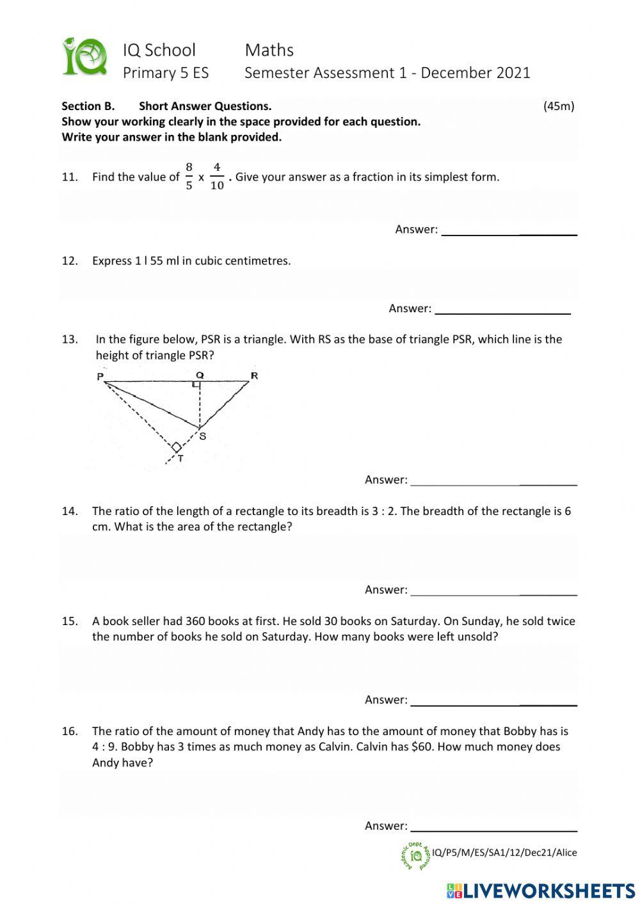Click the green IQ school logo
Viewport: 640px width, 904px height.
[84, 57]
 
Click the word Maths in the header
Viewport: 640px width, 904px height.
[269, 50]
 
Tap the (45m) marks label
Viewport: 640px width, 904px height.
[559, 106]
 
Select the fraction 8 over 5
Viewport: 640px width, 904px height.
[189, 177]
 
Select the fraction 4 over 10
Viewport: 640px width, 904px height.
[217, 177]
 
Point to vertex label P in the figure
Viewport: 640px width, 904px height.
[100, 377]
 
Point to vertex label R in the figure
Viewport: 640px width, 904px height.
[254, 376]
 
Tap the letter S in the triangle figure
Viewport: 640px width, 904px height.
[203, 436]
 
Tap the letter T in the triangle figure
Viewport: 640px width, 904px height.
[180, 459]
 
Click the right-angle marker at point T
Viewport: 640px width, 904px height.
[175, 447]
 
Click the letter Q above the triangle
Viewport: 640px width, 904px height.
[200, 375]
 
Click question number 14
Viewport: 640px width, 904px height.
[70, 511]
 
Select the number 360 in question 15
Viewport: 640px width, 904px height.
[196, 621]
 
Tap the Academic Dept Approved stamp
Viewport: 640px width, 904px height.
[415, 855]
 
